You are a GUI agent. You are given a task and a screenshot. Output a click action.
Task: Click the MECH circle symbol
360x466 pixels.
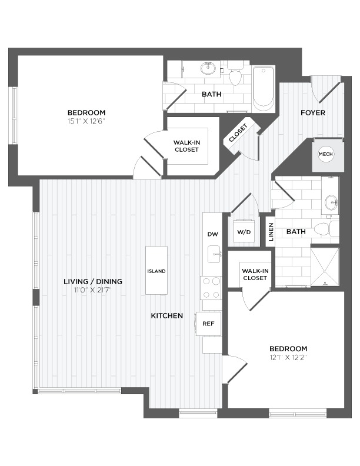(x=325, y=154)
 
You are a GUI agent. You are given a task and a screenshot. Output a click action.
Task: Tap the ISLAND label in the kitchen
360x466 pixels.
(x=156, y=271)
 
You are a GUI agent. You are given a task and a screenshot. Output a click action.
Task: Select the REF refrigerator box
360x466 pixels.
(x=208, y=324)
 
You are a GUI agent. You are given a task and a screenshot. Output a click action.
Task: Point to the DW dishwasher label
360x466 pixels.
(x=213, y=234)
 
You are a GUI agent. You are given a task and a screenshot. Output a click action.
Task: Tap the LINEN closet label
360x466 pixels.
(x=271, y=232)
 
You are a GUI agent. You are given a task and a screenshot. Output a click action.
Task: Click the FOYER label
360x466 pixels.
(x=313, y=112)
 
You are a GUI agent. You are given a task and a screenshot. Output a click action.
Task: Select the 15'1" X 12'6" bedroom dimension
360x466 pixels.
(x=86, y=121)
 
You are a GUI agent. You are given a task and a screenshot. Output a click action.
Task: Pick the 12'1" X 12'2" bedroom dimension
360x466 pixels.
(x=288, y=357)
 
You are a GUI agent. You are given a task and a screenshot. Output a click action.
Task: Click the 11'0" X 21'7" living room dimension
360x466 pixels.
(x=93, y=290)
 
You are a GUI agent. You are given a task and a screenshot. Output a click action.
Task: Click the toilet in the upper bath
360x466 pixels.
(x=235, y=74)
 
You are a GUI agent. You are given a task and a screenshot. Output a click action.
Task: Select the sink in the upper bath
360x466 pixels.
(x=208, y=68)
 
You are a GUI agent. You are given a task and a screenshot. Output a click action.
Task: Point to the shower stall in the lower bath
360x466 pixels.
(x=325, y=267)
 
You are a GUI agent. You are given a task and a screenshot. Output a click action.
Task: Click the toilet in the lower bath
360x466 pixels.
(x=326, y=229)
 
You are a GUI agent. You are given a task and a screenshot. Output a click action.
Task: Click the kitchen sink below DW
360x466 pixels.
(x=214, y=254)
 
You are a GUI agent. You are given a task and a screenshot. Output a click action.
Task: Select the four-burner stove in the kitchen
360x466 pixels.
(x=211, y=288)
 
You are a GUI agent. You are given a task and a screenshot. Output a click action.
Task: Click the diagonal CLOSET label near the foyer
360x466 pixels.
(x=238, y=133)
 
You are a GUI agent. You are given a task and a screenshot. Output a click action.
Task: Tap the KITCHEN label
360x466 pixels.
(x=167, y=315)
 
